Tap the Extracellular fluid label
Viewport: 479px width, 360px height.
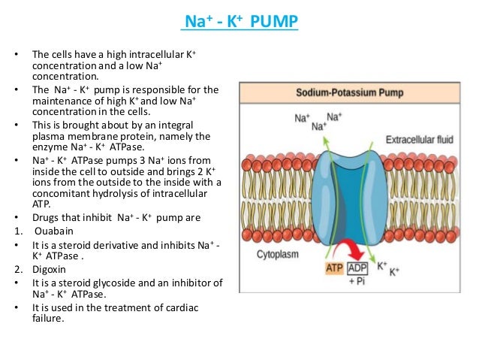(x=417, y=140)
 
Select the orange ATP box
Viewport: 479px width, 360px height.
(x=334, y=267)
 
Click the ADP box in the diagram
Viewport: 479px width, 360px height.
(x=360, y=267)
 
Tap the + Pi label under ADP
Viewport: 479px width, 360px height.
(x=360, y=280)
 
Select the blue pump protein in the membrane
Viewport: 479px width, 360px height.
(x=346, y=195)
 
